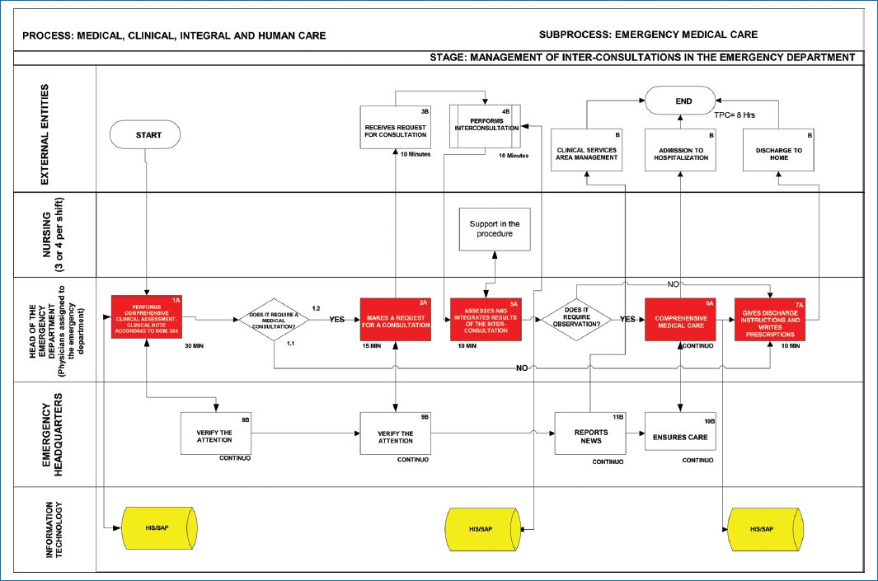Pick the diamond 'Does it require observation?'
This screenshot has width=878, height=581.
coord(576,319)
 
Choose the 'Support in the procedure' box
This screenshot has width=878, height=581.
coord(495,229)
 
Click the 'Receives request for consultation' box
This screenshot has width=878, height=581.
coord(396,129)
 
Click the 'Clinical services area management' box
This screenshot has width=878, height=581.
coord(588,152)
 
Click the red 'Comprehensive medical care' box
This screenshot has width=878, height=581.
coord(680,319)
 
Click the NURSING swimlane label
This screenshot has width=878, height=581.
coord(54,236)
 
